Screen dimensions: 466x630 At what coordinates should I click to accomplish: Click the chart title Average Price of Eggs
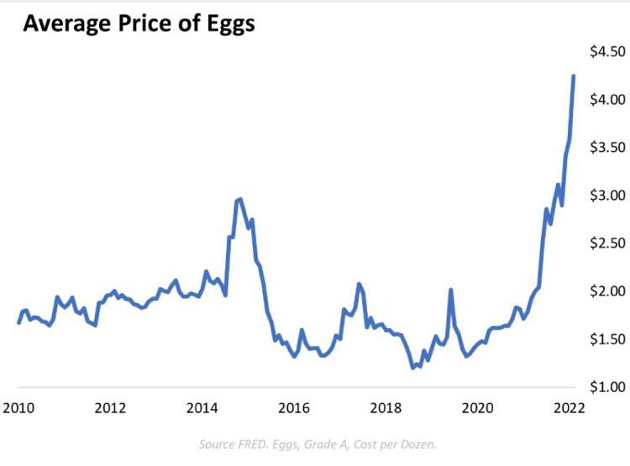pos(139,24)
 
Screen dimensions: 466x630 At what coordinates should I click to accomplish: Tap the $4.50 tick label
pos(606,52)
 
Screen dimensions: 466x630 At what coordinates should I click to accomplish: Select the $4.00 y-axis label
pos(606,100)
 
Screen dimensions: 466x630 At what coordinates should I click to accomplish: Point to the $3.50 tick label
pos(606,148)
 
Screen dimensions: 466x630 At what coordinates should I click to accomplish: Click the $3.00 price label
pos(606,196)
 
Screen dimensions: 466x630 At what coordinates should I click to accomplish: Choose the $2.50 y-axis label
pos(606,243)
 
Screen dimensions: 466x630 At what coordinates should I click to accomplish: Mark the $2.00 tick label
pos(606,291)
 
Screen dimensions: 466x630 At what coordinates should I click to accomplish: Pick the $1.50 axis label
pos(606,339)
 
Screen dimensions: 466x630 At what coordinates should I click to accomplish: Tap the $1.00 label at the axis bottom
pos(606,387)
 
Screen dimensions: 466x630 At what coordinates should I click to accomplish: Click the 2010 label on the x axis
pos(18,409)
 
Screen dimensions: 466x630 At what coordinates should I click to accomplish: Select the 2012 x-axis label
pos(110,409)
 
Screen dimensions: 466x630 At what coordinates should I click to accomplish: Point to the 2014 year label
pos(202,409)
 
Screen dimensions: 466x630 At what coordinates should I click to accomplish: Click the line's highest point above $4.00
pos(574,76)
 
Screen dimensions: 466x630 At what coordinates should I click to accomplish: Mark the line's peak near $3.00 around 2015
pos(240,199)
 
